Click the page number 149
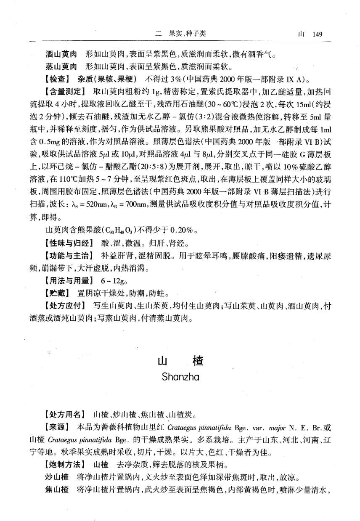click(x=314, y=34)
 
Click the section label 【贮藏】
click(x=58, y=292)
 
